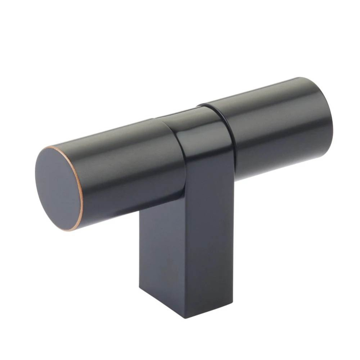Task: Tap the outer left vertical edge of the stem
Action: pos(140,252)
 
